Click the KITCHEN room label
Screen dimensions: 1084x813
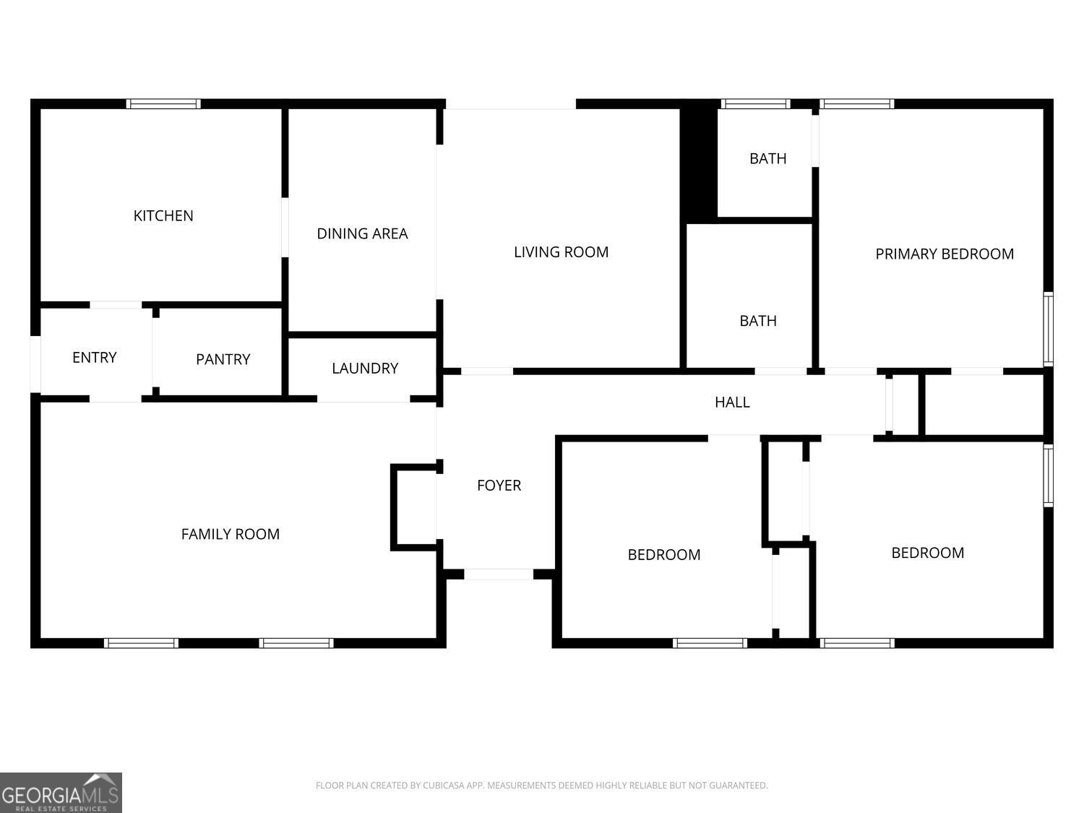pos(163,215)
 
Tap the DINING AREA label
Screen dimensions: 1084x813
pos(362,233)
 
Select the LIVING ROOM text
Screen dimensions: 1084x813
pos(561,252)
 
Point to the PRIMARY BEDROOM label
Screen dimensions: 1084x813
pos(945,254)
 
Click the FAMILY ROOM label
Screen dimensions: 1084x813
pos(230,534)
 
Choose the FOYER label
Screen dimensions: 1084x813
pos(499,486)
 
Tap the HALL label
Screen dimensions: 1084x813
pos(732,403)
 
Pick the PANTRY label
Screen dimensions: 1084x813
pos(223,359)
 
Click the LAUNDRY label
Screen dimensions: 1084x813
pos(365,369)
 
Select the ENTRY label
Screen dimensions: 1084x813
pos(95,358)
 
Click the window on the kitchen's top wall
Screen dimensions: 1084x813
pos(163,103)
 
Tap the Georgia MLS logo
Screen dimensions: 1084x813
pos(61,793)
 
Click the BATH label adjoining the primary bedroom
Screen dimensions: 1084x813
pos(767,158)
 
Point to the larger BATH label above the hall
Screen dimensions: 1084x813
pos(757,321)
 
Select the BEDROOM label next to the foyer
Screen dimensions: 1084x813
pos(663,555)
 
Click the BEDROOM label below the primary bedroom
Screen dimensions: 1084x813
pos(927,553)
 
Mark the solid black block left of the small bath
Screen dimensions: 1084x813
pos(699,160)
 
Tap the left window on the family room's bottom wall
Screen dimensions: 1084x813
pos(141,643)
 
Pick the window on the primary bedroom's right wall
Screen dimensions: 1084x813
pos(1048,329)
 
